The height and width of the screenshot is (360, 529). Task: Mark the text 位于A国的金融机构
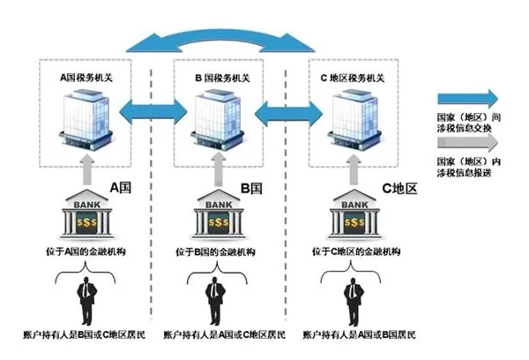86,253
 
